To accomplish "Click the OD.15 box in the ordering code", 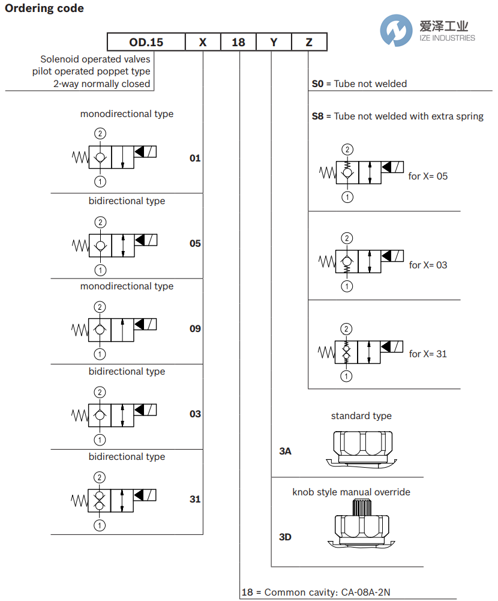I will click(x=146, y=42).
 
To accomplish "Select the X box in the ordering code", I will click(x=203, y=42).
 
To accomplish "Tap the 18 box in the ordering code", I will click(x=238, y=42).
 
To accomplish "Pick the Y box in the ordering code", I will click(x=274, y=42).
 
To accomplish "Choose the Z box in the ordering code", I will click(x=309, y=42).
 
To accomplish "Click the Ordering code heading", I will click(x=44, y=8).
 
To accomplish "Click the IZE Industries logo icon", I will click(x=396, y=31).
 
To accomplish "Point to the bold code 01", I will click(x=195, y=159).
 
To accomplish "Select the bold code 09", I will click(x=195, y=329).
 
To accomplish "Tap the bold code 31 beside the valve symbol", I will click(x=195, y=500).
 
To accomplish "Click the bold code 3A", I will click(x=285, y=451).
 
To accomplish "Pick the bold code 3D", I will click(x=285, y=537).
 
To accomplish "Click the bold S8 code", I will click(x=317, y=116).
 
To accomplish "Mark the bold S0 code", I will click(x=317, y=84).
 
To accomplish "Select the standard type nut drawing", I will click(x=361, y=447).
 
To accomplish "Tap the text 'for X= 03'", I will click(x=428, y=265).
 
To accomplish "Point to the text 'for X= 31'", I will click(x=428, y=354).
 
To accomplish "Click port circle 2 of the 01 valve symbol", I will click(x=100, y=133).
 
